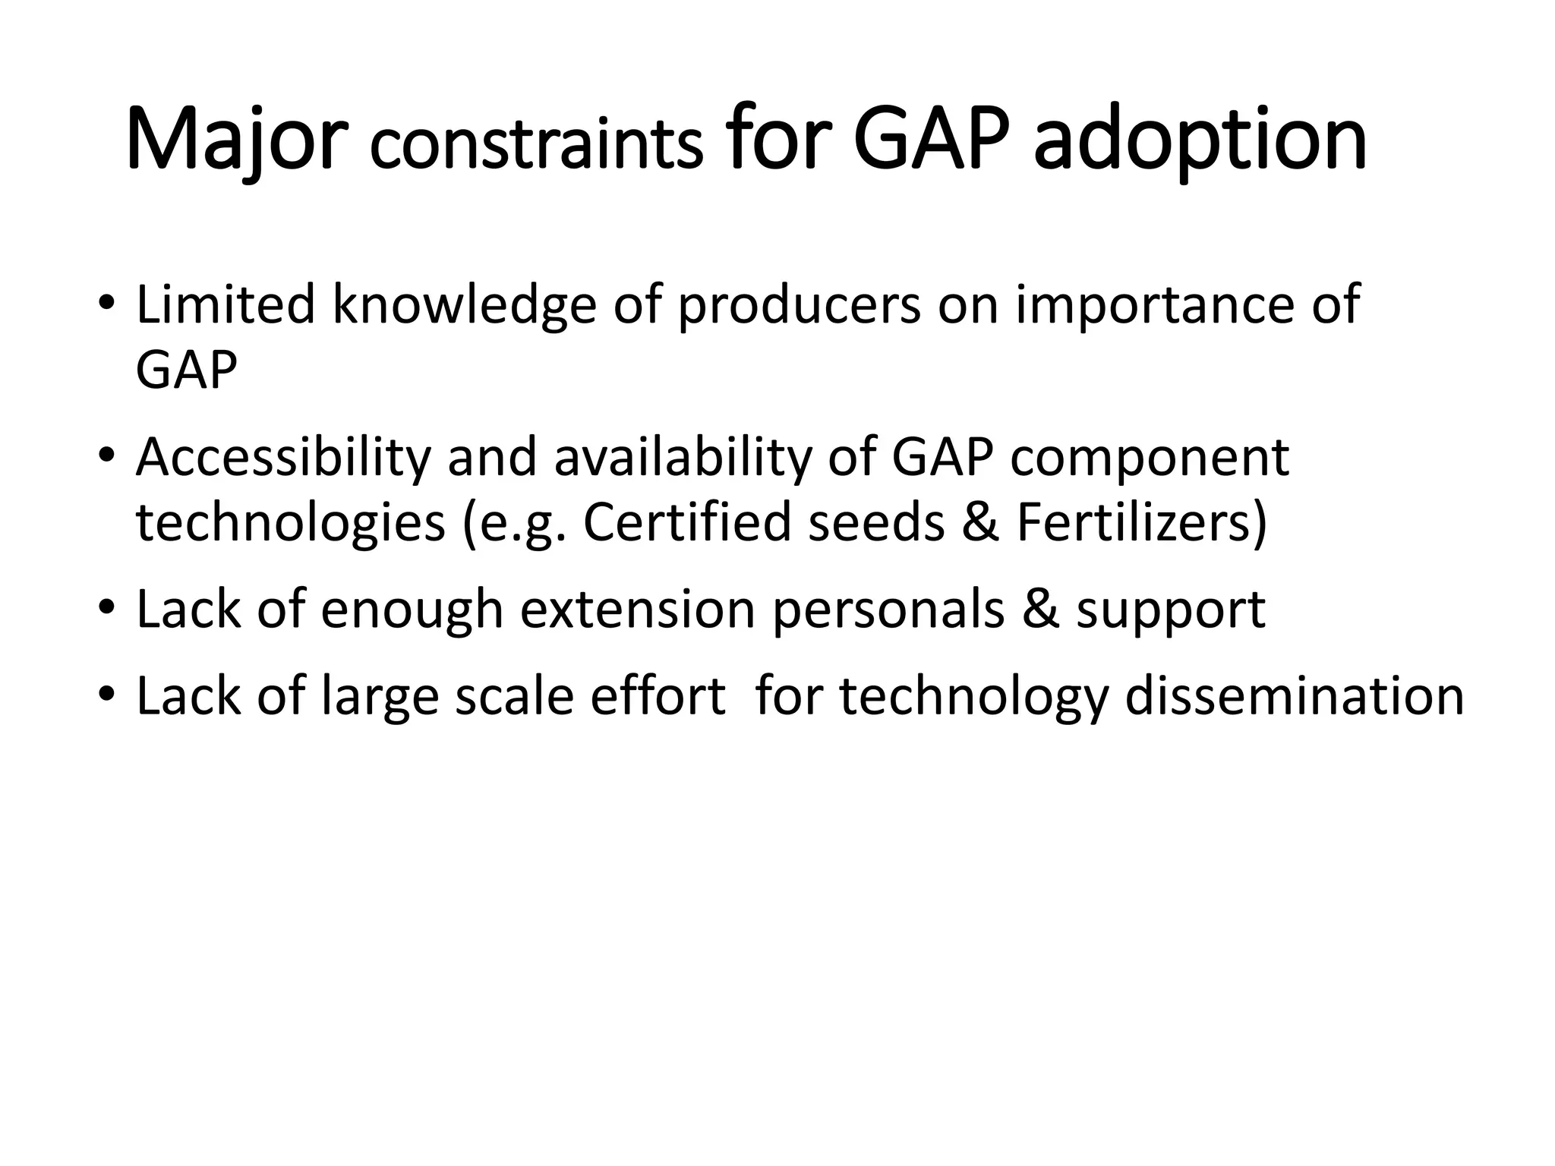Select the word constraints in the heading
pos(535,146)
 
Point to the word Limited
pos(225,304)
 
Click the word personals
pos(888,611)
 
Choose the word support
pos(1170,611)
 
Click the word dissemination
pos(1294,696)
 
